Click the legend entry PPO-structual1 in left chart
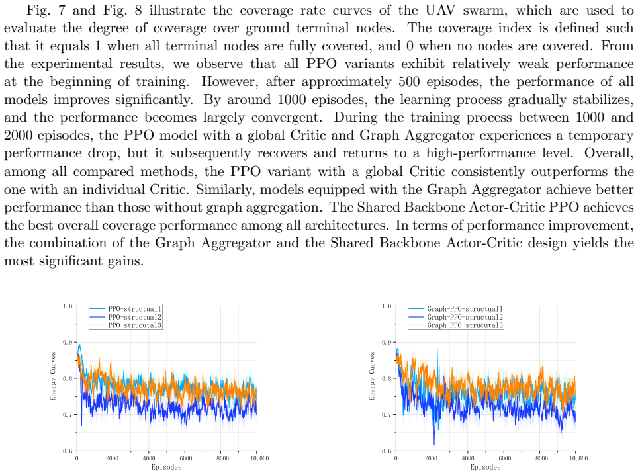click(x=125, y=309)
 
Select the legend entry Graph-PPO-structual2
click(x=455, y=317)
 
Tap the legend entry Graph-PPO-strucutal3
click(x=455, y=325)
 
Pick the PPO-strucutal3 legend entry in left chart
click(x=125, y=325)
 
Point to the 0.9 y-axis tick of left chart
click(x=68, y=343)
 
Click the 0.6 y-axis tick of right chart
click(x=387, y=451)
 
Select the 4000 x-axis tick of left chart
click(x=149, y=458)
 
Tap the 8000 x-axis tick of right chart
click(x=541, y=458)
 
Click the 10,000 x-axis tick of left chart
click(x=259, y=458)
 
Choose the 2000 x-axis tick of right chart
click(x=432, y=458)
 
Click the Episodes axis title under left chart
click(x=166, y=467)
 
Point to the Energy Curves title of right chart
click(x=372, y=376)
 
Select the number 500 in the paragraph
click(x=409, y=81)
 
